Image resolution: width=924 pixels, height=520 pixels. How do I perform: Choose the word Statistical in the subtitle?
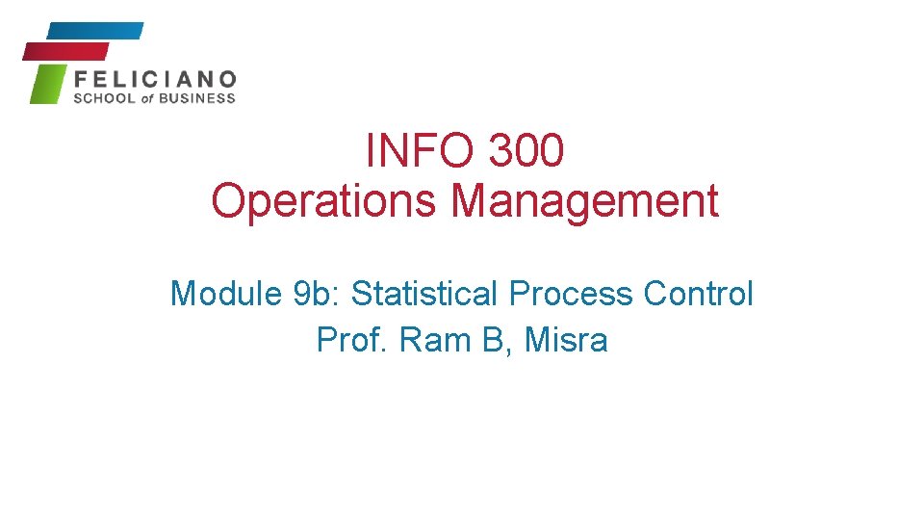425,294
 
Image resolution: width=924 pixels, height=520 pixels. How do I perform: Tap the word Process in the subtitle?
572,294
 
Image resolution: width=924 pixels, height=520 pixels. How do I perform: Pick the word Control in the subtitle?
699,294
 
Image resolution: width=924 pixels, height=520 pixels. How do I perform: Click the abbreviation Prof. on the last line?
354,340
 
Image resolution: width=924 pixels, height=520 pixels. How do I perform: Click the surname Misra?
567,340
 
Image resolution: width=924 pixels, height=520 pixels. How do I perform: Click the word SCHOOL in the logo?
106,98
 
